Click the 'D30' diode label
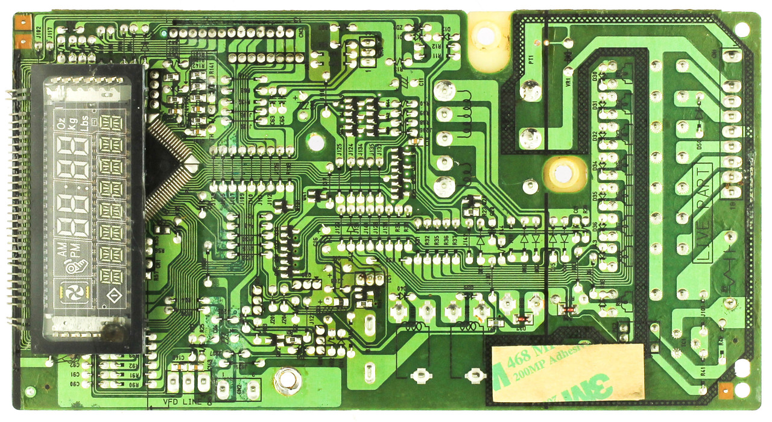[595, 77]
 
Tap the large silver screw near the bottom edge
[287, 379]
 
